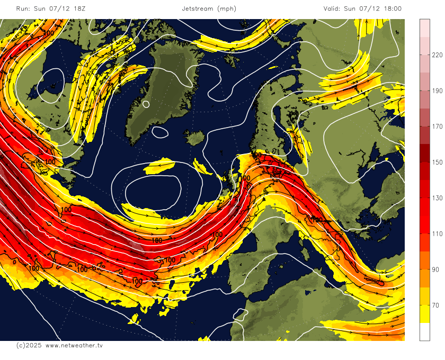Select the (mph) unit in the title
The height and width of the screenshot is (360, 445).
(227, 8)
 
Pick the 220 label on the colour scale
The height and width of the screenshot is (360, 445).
(437, 55)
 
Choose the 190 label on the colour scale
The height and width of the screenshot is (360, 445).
(437, 91)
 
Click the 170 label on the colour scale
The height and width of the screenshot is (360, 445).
(437, 127)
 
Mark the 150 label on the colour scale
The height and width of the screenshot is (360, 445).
(437, 163)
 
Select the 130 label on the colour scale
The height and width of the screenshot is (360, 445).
(437, 198)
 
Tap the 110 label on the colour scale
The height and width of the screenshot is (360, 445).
(437, 234)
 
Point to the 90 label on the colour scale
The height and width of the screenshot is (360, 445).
(435, 270)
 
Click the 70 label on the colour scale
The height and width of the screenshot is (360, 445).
(435, 305)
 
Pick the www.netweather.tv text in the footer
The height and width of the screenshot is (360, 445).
(74, 345)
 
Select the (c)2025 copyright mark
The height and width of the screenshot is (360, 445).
(28, 345)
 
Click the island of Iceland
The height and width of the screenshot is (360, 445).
(196, 139)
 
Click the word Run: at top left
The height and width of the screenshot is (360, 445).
(23, 8)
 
